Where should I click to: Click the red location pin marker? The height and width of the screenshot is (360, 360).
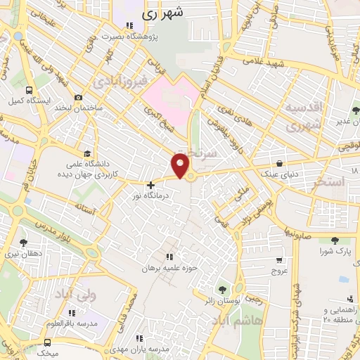pyautogui.click(x=181, y=165)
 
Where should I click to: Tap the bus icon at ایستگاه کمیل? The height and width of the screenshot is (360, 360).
pyautogui.click(x=29, y=90)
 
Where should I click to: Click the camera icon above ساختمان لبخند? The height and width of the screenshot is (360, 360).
pyautogui.click(x=79, y=97)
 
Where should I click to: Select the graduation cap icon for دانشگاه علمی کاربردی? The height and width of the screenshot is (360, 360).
pyautogui.click(x=87, y=154)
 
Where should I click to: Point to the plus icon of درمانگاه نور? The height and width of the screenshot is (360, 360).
pyautogui.click(x=150, y=185)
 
